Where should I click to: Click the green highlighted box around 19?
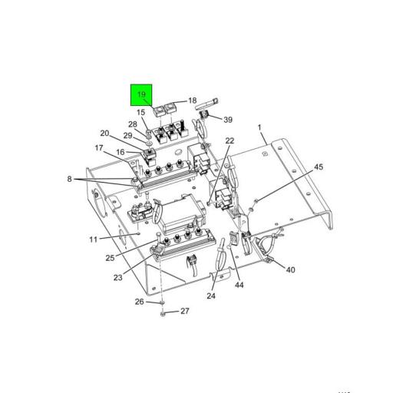(141, 94)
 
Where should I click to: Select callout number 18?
(193, 101)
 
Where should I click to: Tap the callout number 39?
(228, 120)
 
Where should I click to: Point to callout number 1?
(259, 127)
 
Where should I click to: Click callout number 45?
(319, 167)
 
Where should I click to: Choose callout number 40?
(290, 269)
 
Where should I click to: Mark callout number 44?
(239, 285)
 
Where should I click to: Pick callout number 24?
(211, 296)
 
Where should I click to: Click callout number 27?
(185, 311)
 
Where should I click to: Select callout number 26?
(140, 302)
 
